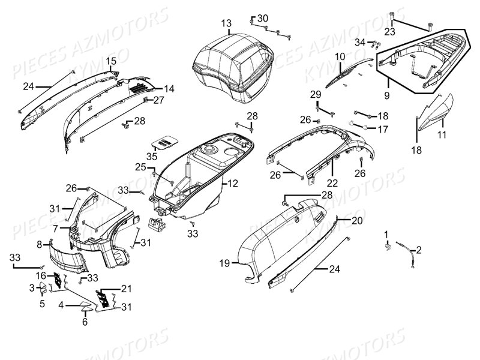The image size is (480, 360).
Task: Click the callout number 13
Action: [226, 23]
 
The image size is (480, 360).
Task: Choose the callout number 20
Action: [357, 221]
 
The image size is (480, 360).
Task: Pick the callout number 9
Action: [387, 95]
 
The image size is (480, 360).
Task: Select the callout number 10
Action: [340, 57]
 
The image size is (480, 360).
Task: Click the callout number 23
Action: [389, 31]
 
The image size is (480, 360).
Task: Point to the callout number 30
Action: [263, 19]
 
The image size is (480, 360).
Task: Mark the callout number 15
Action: [112, 61]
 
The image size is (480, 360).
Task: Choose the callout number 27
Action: [158, 100]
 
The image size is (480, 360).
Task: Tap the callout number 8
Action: [40, 244]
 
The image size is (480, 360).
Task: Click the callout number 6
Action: [85, 322]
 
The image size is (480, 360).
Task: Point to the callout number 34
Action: [359, 42]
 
